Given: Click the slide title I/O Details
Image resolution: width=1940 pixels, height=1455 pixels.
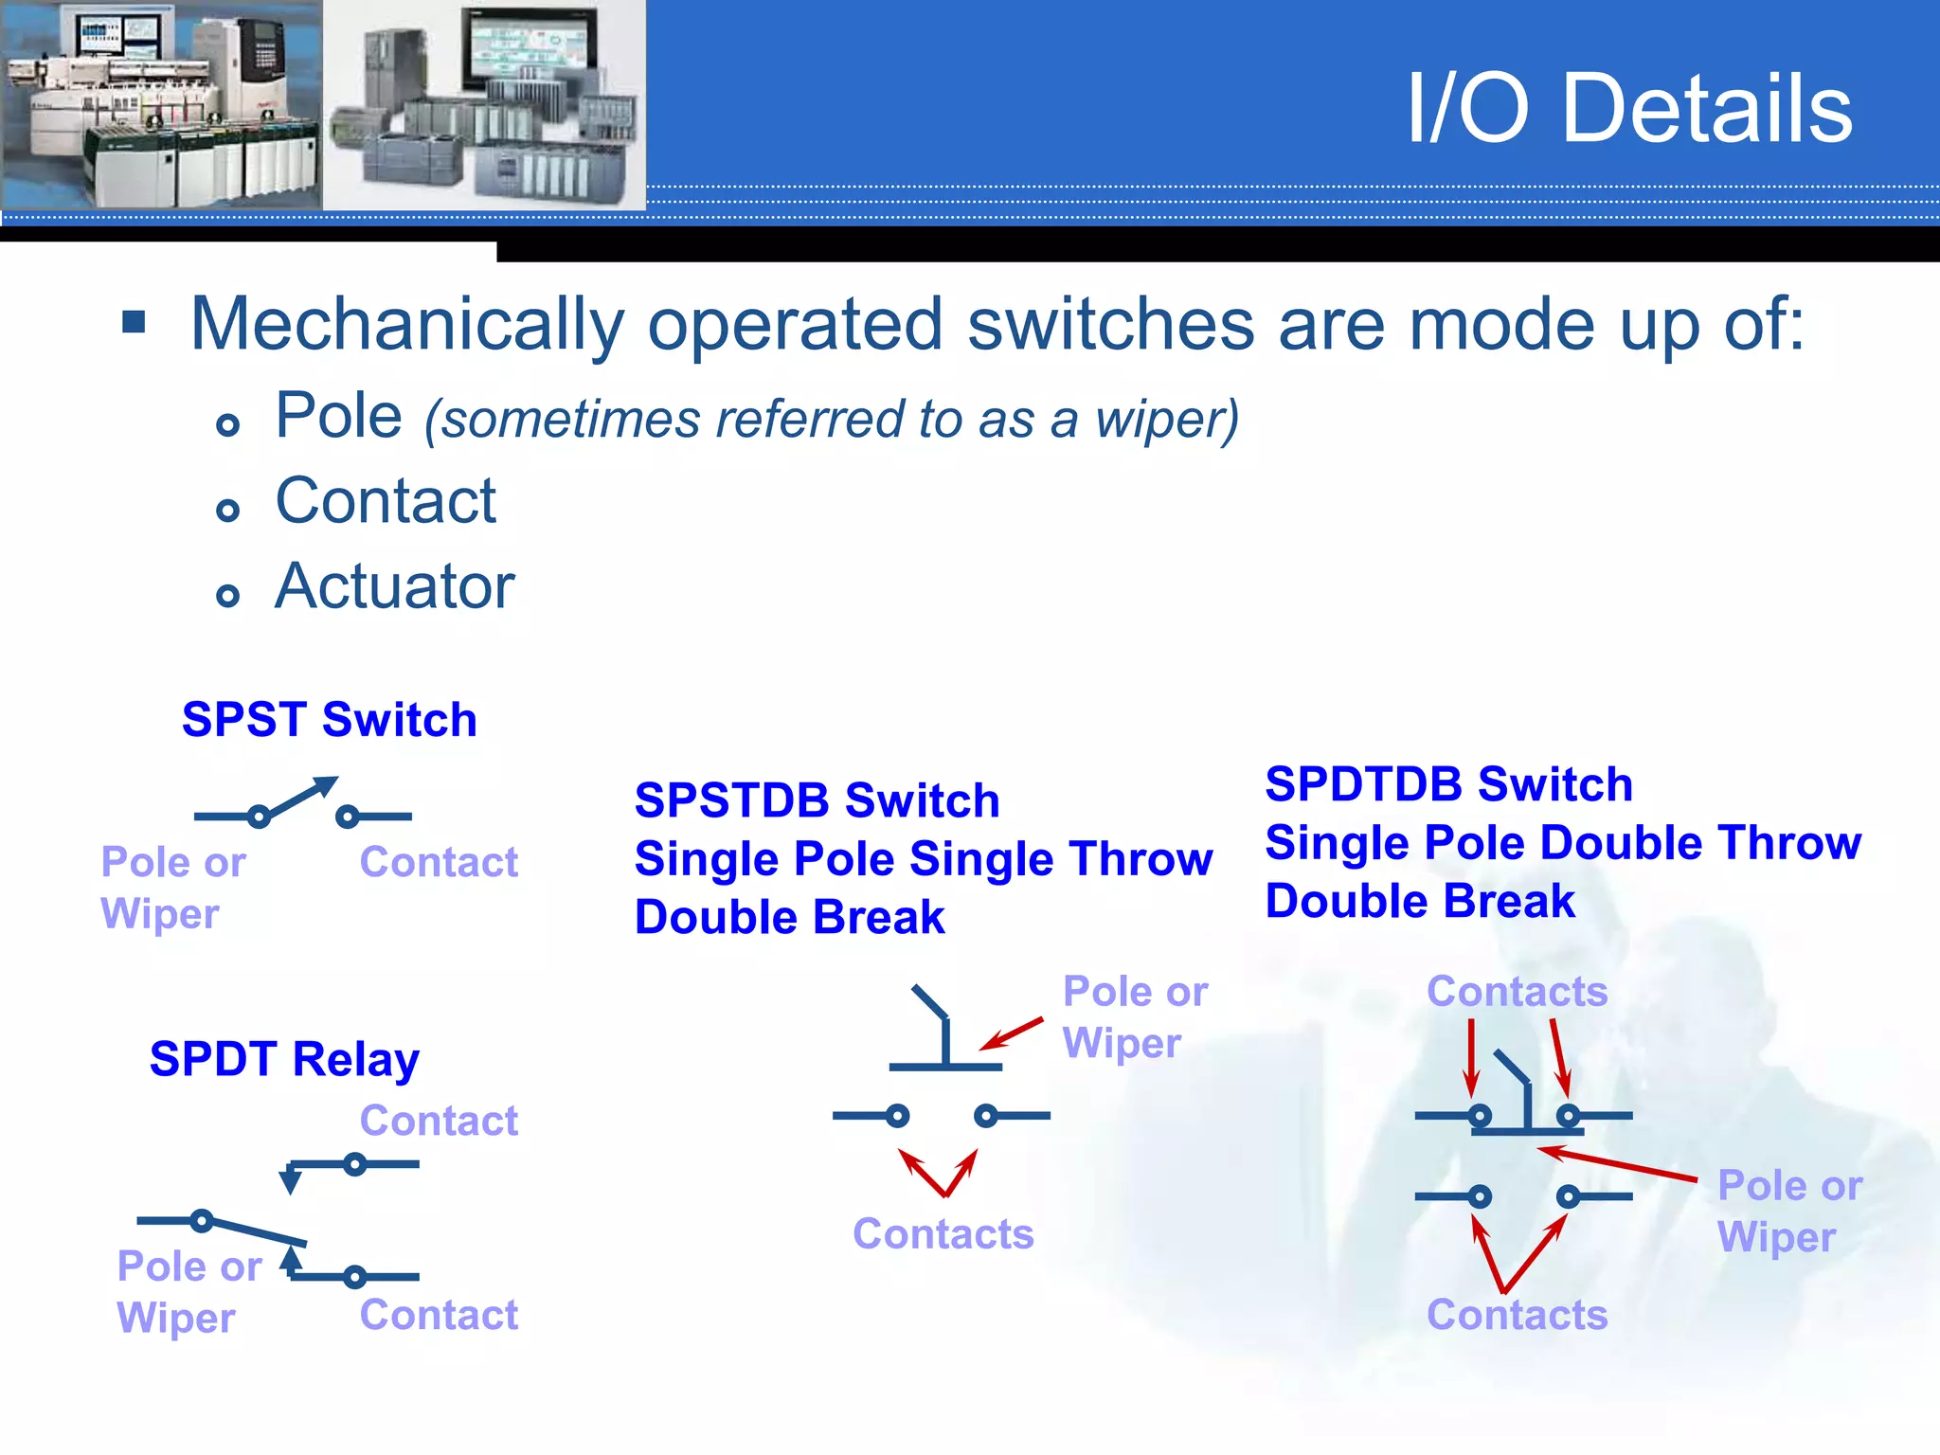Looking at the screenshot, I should pos(1628,109).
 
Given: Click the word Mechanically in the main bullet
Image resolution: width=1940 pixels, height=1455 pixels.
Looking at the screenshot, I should pos(405,325).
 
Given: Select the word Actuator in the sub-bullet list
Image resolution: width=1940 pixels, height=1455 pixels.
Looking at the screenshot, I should pos(394,586).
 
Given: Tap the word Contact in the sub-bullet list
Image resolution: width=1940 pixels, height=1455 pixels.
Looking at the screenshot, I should pos(385,501).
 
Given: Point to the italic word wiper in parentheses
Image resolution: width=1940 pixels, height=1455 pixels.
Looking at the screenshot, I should pos(1164,420).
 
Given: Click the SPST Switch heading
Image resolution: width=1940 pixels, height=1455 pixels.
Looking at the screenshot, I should pos(329,720).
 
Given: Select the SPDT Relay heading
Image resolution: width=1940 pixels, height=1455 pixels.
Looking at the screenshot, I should pos(284,1059).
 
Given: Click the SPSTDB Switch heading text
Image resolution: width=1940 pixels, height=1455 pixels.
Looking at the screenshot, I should pos(817,801).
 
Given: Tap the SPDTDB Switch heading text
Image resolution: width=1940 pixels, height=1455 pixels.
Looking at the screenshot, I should pos(1448,785).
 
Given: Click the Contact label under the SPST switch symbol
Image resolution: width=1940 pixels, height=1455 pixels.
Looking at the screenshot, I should pos(439,863).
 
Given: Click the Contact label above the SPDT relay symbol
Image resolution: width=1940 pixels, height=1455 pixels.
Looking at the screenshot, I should pos(439,1122).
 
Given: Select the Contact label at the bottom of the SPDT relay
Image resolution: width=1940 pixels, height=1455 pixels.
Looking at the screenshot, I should pos(439,1316).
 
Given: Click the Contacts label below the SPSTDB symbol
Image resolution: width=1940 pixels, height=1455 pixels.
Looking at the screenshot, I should pos(943,1234).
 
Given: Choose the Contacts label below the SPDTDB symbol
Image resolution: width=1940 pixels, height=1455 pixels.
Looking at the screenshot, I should pos(1517,1316).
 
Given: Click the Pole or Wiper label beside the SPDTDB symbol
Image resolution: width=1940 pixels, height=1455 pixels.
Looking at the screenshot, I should pos(1788,1212).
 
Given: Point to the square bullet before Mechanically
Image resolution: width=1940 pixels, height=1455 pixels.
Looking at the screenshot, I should pos(134,323).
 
